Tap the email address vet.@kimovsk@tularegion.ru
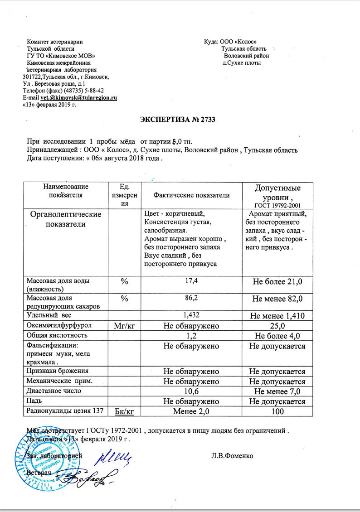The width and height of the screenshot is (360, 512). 79,97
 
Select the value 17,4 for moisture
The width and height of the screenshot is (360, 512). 192,281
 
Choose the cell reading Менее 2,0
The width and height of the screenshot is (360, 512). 192,411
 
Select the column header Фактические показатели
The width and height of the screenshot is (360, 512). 192,195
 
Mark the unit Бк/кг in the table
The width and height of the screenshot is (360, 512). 124,411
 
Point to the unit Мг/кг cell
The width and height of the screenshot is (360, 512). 124,325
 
